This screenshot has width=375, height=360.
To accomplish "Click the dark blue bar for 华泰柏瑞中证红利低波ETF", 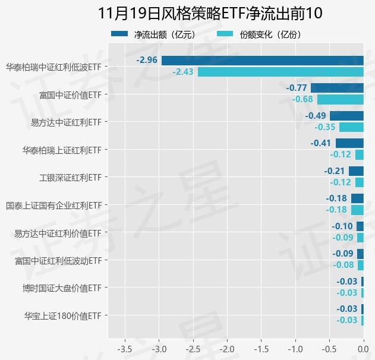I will point(262,60).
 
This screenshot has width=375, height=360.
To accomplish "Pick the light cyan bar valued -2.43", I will point(280,72).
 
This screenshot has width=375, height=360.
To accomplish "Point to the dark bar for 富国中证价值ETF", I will point(337,88).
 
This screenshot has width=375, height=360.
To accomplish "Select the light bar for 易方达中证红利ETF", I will point(351,127).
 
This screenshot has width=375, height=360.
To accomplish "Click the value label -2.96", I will point(147,60).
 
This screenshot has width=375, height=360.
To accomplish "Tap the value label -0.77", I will point(297,88).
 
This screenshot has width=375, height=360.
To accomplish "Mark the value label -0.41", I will point(321,143).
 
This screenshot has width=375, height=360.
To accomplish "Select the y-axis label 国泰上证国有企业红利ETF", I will point(54,206).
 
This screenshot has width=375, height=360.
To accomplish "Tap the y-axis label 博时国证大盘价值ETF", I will point(62,289).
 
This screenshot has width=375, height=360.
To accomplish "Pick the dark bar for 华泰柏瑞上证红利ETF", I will point(349,143).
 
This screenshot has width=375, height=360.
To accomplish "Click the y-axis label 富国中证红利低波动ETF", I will point(58,261).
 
